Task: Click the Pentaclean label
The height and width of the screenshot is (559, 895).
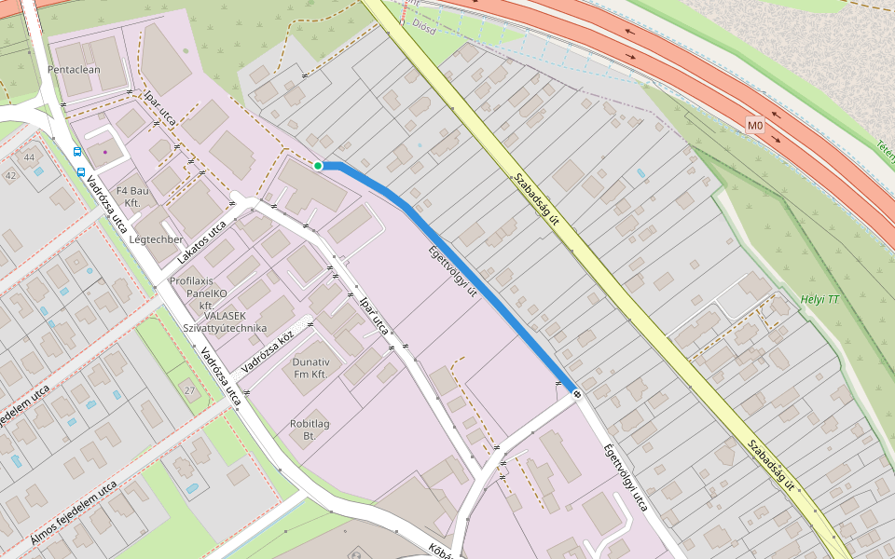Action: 74,69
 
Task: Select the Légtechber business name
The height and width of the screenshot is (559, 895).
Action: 157,239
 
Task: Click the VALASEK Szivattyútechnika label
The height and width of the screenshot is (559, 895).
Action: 225,321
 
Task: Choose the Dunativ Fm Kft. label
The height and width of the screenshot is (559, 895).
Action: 310,367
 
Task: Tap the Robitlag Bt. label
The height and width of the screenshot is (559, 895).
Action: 310,429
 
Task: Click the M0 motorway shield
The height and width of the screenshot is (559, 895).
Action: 754,125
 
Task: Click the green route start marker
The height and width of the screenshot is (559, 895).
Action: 318,166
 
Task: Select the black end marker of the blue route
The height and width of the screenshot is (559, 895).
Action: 577,393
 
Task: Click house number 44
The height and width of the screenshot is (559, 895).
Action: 29,157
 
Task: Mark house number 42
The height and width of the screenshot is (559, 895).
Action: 10,175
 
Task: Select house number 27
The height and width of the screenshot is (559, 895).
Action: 189,389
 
